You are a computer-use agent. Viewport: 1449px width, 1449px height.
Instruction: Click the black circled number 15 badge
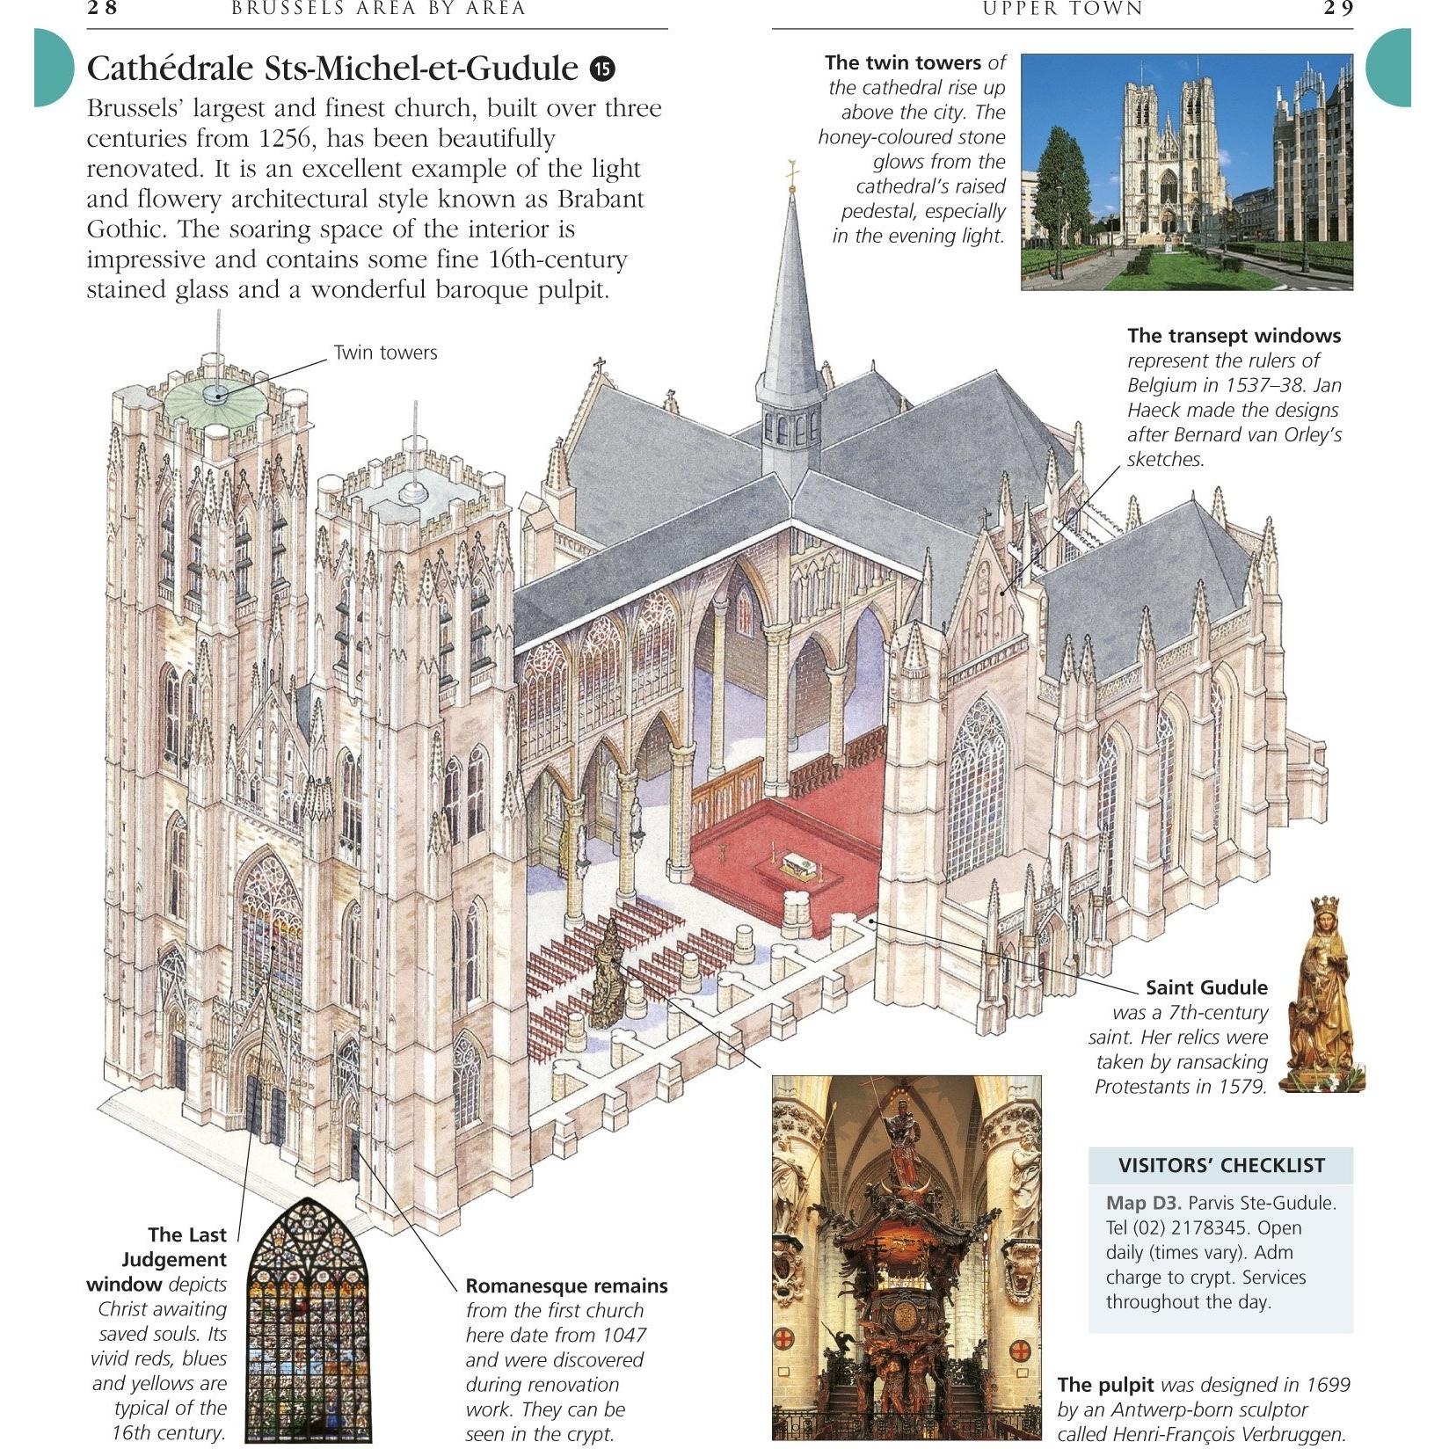tap(602, 69)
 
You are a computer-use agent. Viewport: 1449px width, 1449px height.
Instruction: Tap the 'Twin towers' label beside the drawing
tap(385, 353)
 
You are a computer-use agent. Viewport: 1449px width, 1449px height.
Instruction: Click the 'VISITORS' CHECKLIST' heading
tap(1221, 1166)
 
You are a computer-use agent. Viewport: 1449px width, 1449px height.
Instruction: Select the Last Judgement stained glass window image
tap(308, 1319)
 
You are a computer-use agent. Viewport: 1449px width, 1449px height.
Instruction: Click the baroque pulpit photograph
tap(907, 1257)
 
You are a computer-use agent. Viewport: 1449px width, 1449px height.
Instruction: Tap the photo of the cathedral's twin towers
tap(1187, 172)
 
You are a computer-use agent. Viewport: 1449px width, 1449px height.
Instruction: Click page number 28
tap(102, 9)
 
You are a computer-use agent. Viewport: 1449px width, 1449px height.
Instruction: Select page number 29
tap(1338, 9)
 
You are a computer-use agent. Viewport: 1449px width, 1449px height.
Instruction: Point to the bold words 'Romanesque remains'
tap(566, 1286)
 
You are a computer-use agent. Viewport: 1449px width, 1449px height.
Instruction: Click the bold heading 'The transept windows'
tap(1234, 336)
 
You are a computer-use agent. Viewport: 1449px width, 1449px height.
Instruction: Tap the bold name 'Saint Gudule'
tap(1206, 987)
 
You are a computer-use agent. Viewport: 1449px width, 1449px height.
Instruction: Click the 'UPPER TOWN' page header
tap(1062, 9)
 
